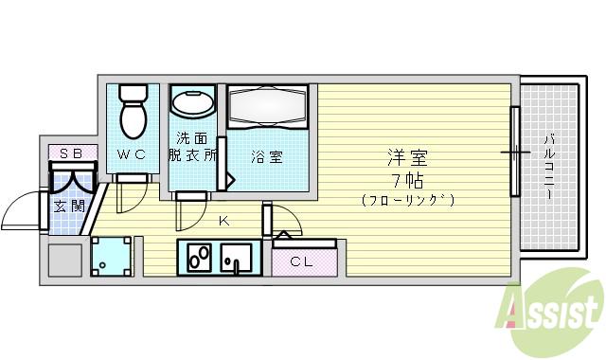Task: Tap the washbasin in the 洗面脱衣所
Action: coord(195,103)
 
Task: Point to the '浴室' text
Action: coord(266,157)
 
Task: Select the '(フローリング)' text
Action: coord(407,200)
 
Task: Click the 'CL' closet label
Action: coord(302,261)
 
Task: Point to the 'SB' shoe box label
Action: coord(71,153)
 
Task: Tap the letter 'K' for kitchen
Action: coord(223,222)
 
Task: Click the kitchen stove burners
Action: coord(200,257)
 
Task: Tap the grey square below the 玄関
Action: coord(65,259)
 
